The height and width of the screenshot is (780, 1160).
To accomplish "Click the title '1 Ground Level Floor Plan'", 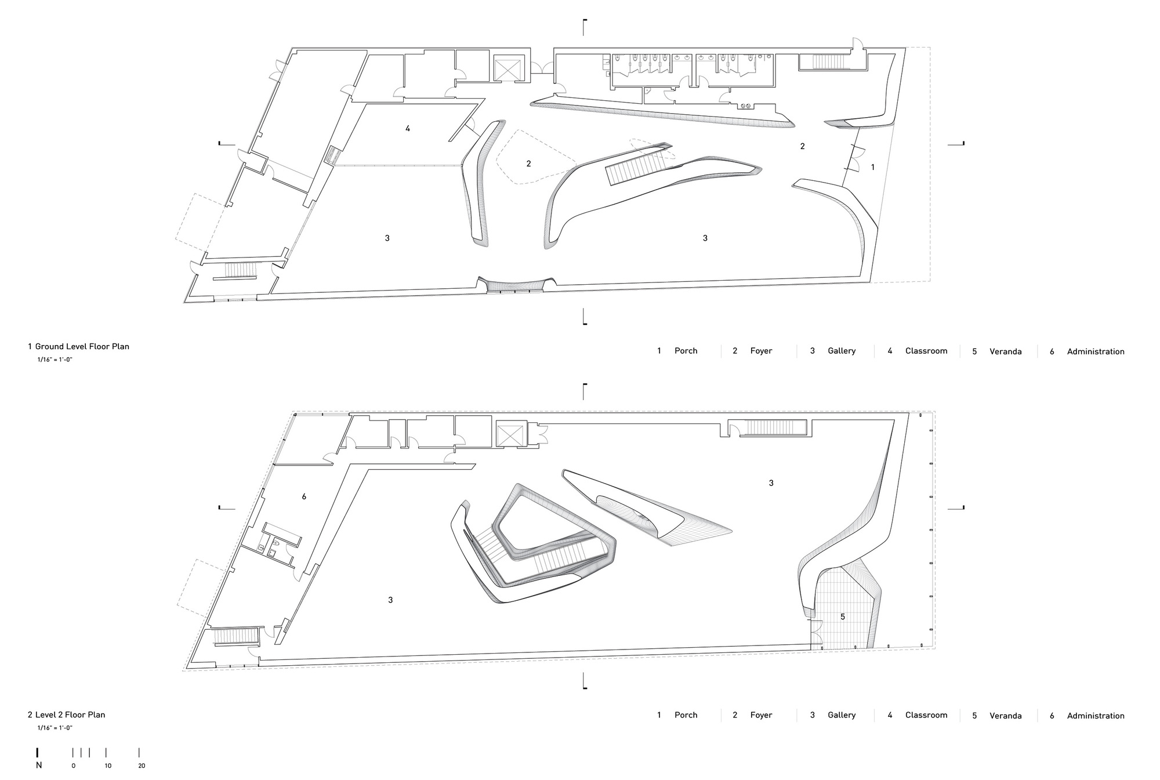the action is [x=79, y=347].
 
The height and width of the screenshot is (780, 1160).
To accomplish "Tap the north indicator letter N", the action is [x=39, y=766].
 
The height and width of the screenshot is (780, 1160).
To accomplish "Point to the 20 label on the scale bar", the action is [x=142, y=766].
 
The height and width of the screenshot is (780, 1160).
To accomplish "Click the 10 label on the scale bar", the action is [x=108, y=766].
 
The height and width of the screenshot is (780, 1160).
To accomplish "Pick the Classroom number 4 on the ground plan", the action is [x=408, y=129].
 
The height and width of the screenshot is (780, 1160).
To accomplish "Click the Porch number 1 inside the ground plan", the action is [x=873, y=167].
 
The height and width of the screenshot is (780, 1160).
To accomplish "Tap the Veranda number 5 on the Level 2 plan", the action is [x=843, y=617].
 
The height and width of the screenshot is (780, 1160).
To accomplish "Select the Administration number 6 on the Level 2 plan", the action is [x=304, y=496].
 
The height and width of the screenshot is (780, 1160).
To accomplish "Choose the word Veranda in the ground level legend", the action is [x=1005, y=351].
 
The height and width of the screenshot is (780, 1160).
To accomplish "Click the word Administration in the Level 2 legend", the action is [x=1095, y=716].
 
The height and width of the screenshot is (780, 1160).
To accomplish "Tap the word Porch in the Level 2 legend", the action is [x=686, y=715].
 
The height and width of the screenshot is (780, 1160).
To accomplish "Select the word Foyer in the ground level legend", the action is [x=761, y=351].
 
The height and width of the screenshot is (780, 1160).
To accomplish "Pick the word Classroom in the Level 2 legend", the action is [x=926, y=715].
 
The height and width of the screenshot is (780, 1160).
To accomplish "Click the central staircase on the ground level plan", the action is [x=634, y=165].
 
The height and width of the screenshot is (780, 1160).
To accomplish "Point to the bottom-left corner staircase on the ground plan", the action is [x=236, y=270].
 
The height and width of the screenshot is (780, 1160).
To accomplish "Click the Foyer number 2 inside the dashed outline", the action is [x=528, y=164].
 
